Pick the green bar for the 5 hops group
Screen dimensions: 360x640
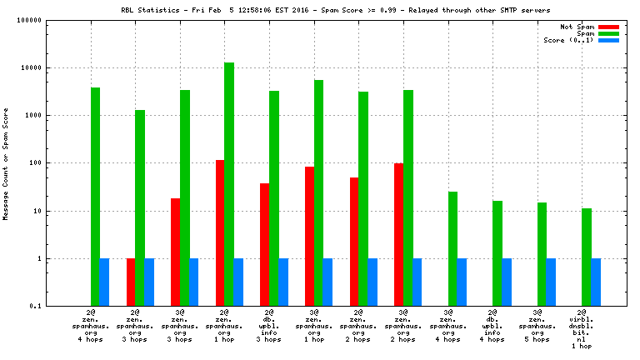[x=542, y=254]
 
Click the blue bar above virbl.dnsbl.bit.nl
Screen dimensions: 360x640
[x=596, y=282]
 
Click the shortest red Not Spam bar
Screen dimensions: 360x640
[x=131, y=282]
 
